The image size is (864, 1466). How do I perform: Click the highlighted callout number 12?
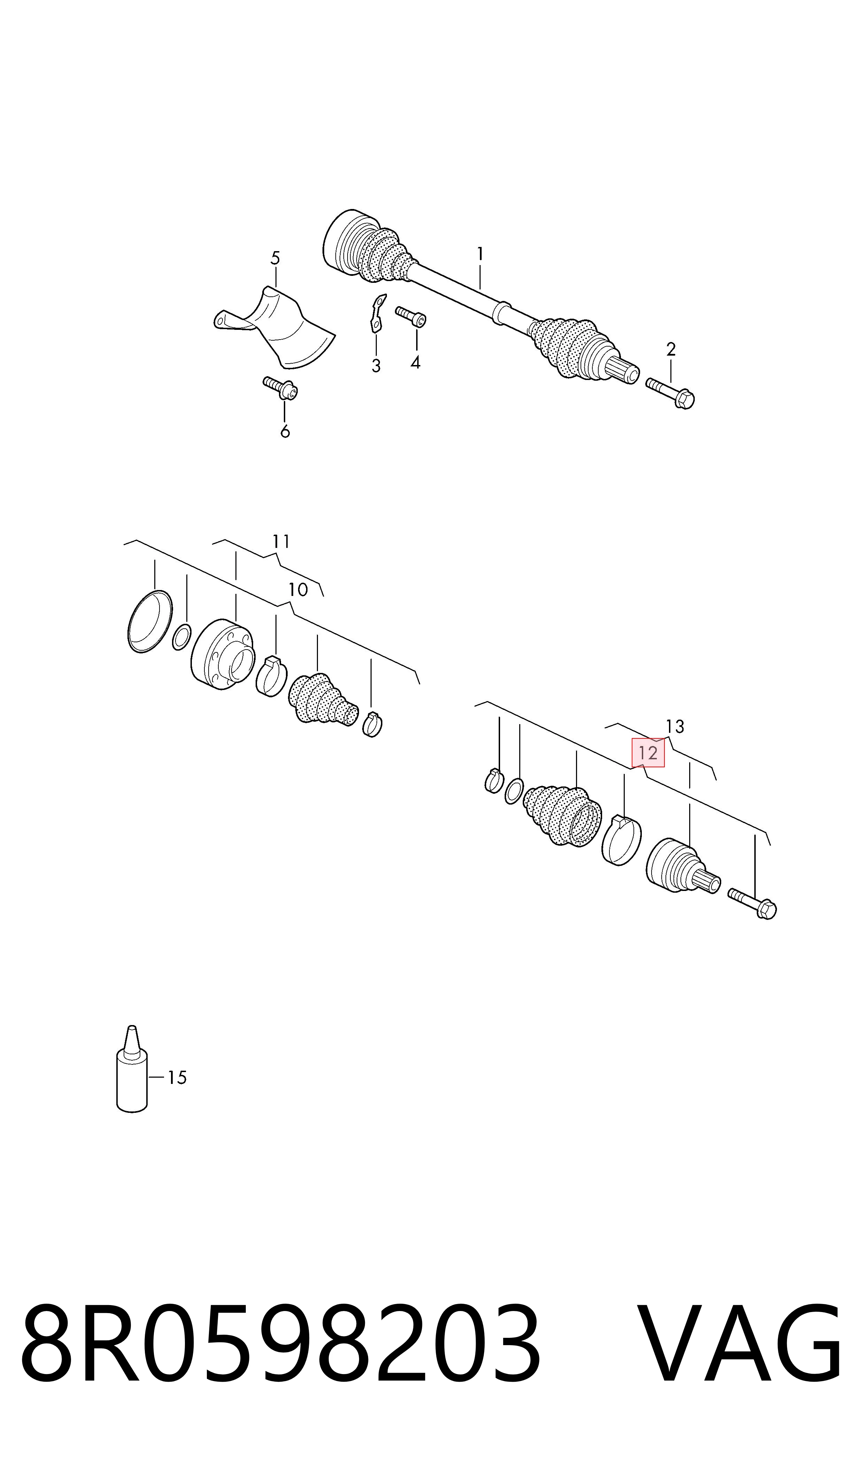(x=648, y=753)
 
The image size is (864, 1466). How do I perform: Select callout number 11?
(x=281, y=542)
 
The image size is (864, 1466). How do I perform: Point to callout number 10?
(x=298, y=590)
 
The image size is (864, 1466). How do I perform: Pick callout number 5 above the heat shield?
(x=275, y=258)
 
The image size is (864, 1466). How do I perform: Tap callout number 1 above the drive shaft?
(x=480, y=254)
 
